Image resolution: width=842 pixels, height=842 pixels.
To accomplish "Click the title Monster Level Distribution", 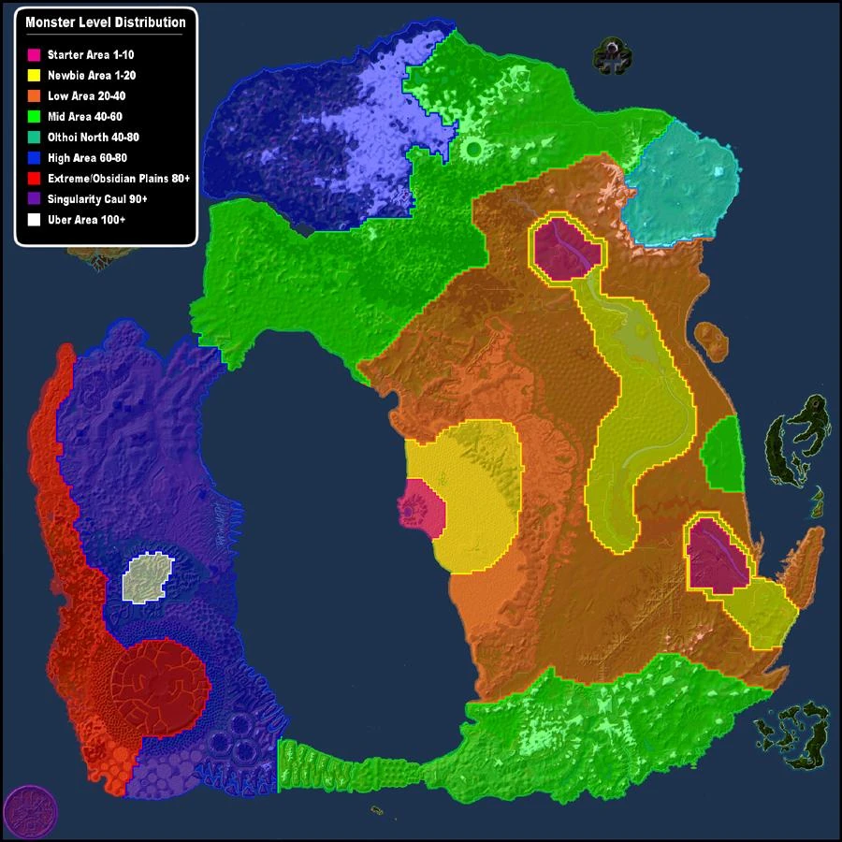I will (x=106, y=22).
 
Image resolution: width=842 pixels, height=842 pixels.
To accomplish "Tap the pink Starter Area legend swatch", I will (x=35, y=55).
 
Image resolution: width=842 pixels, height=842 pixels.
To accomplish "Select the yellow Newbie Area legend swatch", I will (x=35, y=75).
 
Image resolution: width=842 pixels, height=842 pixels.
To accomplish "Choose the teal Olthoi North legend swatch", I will (x=35, y=137).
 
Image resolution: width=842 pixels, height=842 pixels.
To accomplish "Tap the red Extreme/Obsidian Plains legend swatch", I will (x=35, y=178).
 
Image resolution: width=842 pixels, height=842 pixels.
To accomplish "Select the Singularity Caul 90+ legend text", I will (x=98, y=198).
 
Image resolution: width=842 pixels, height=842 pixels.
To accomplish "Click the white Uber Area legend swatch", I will (x=35, y=219).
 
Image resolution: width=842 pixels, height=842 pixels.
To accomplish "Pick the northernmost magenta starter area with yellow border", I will (x=566, y=247).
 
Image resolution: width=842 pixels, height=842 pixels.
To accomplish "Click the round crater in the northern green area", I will (x=473, y=149).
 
